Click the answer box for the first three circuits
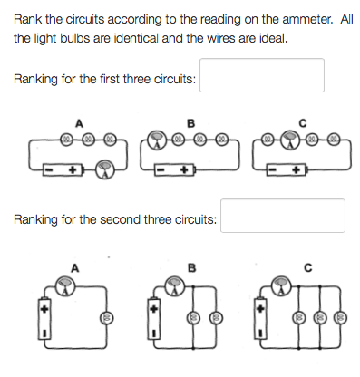point(262,76)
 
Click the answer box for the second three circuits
point(283,217)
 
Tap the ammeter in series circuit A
point(107,169)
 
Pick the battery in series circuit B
point(175,169)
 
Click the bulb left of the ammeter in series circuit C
point(270,140)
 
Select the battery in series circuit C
point(291,169)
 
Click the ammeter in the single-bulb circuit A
point(63,287)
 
